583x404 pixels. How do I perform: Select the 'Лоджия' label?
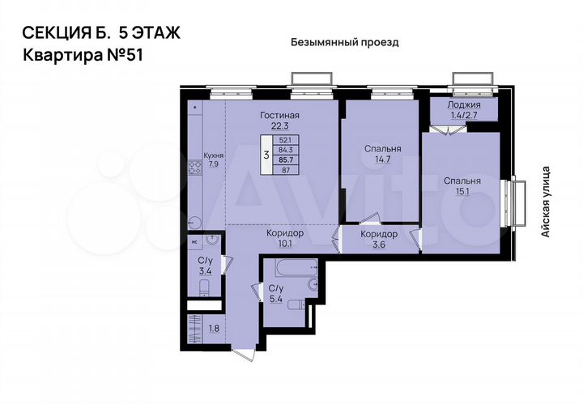coord(465,105)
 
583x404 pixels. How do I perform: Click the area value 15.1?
coord(462,193)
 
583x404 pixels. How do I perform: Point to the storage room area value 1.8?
coord(214,329)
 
